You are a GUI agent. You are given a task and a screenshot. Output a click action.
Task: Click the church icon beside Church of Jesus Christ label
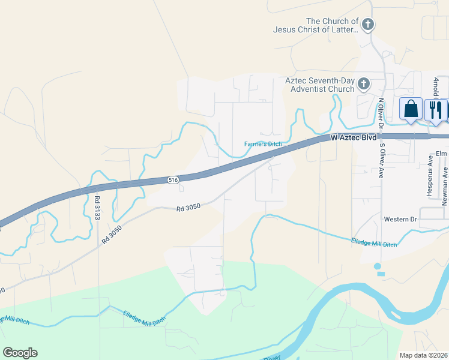pyautogui.click(x=368, y=25)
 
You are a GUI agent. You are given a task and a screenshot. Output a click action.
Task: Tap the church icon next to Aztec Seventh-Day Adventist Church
pyautogui.click(x=363, y=84)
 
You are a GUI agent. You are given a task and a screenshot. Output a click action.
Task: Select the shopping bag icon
pyautogui.click(x=411, y=109)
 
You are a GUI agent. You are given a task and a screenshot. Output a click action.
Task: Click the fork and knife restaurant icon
pyautogui.click(x=435, y=109)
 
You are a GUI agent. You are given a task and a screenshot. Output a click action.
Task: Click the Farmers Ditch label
pyautogui.click(x=263, y=144)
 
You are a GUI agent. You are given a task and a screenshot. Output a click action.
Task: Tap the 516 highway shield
pyautogui.click(x=173, y=180)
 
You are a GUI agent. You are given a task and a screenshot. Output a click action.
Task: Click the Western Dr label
pyautogui.click(x=400, y=220)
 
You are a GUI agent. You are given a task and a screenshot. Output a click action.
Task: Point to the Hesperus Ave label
pyautogui.click(x=430, y=170)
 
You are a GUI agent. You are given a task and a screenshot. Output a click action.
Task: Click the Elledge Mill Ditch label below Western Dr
pyautogui.click(x=374, y=242)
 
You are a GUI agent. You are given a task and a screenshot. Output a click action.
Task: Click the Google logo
pyautogui.click(x=20, y=353)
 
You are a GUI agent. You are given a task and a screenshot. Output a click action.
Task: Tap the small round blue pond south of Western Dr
pyautogui.click(x=377, y=266)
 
